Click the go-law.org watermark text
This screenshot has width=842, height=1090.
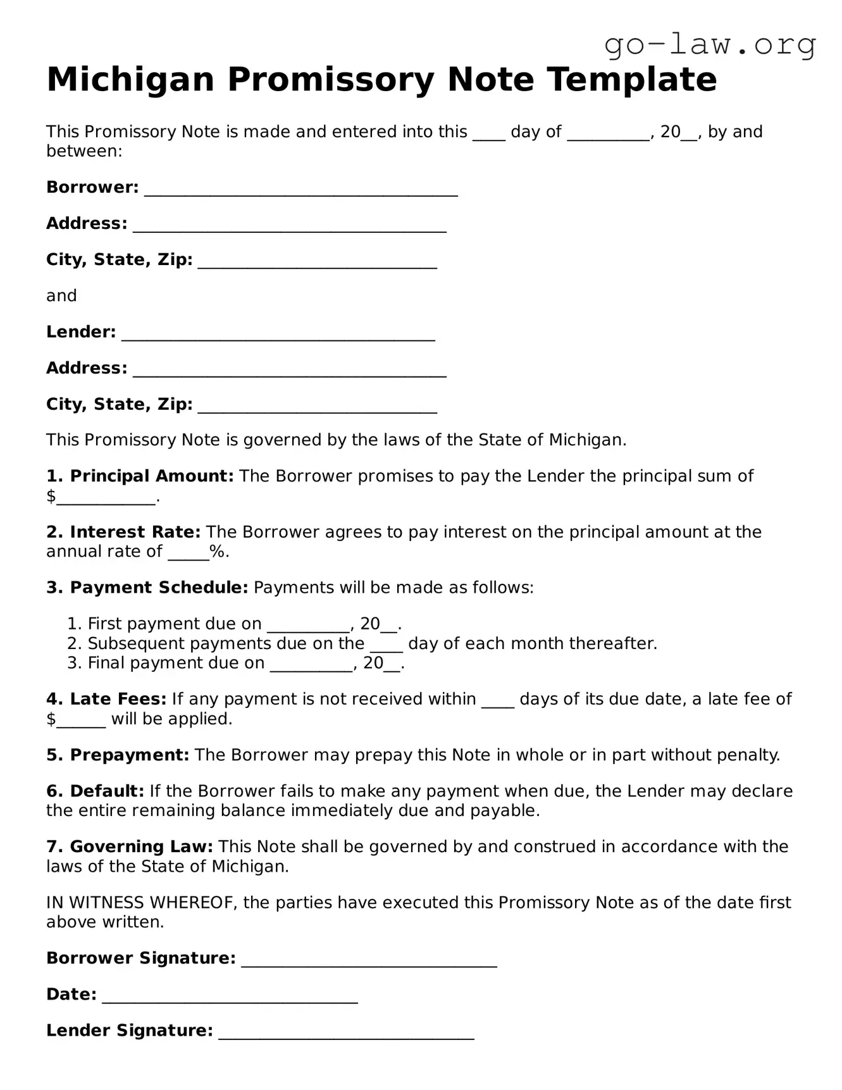pos(710,44)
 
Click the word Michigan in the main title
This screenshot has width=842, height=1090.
pos(130,80)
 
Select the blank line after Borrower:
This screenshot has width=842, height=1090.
pos(300,189)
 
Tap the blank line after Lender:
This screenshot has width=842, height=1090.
pos(278,334)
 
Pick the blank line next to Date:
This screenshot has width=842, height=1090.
pos(230,996)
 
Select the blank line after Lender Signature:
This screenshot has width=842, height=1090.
pos(346,1032)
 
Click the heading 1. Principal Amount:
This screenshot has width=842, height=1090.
pos(140,476)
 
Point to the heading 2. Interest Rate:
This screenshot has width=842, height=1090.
pos(123,532)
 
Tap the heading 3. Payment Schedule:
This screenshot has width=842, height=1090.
pos(147,588)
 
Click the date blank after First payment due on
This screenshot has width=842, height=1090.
pos(308,626)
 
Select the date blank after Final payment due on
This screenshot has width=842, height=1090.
pos(311,665)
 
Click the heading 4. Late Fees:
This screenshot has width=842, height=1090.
pos(106,699)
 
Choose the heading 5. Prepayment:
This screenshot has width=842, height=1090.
pos(117,755)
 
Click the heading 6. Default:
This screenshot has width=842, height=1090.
pos(96,791)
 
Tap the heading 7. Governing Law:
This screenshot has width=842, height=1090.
pos(129,847)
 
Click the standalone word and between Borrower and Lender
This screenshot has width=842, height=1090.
pos(61,296)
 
